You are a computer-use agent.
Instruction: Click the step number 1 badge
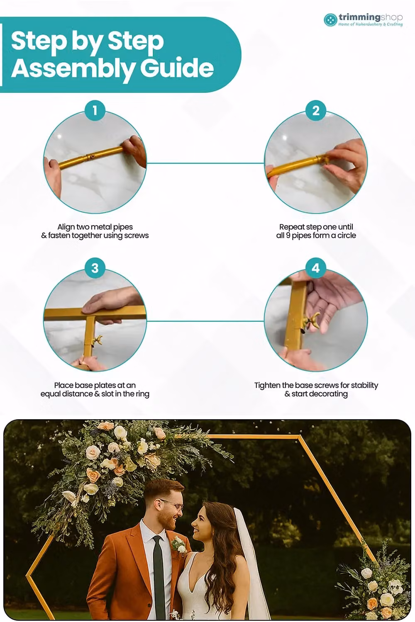95,111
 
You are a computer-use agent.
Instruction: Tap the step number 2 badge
316,111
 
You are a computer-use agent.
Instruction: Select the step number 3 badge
95,268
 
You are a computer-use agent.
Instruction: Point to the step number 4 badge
316,268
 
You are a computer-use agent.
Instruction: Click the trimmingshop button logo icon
330,20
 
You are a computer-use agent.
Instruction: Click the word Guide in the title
177,68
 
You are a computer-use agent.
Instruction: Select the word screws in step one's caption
136,236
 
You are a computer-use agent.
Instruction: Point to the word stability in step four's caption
364,385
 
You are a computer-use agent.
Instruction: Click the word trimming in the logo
359,17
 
